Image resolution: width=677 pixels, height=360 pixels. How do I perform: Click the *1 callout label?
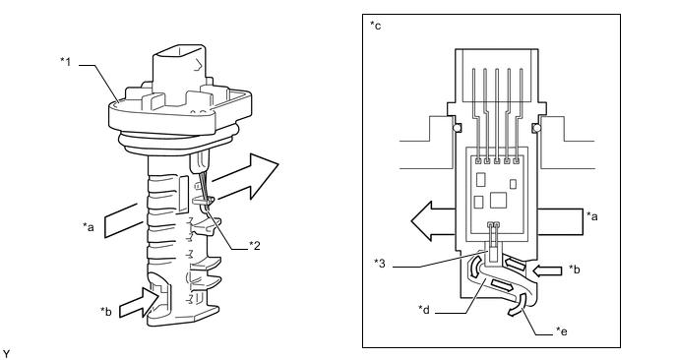65,62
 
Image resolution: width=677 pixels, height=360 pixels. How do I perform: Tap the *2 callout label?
255,246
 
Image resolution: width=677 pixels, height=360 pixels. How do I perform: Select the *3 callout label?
380,263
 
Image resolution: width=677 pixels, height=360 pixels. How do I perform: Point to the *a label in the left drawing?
89,226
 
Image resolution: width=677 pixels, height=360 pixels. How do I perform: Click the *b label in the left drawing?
106,311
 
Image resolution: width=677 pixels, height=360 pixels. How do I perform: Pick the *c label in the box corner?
376,26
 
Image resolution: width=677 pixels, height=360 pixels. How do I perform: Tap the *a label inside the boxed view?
592,215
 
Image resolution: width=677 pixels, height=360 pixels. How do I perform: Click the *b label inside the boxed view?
575,269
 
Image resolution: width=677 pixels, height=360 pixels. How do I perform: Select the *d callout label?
423,309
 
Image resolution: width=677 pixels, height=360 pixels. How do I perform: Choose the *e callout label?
561,331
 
